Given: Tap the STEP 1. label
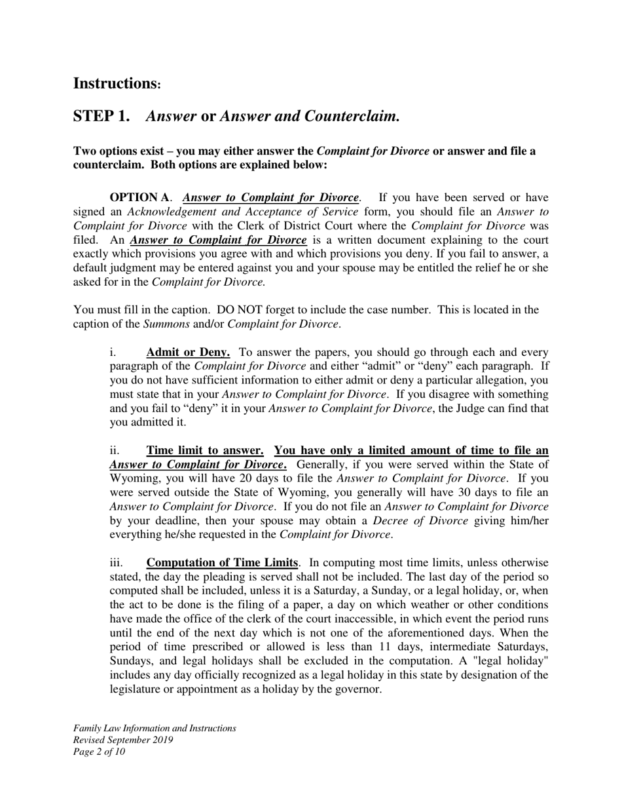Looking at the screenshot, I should click(101, 117).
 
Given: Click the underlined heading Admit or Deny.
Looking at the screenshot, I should click(188, 353).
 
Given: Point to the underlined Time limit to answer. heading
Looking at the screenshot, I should click(205, 451).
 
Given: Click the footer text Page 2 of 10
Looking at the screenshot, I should click(99, 752).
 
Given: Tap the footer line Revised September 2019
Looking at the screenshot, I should click(123, 740).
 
